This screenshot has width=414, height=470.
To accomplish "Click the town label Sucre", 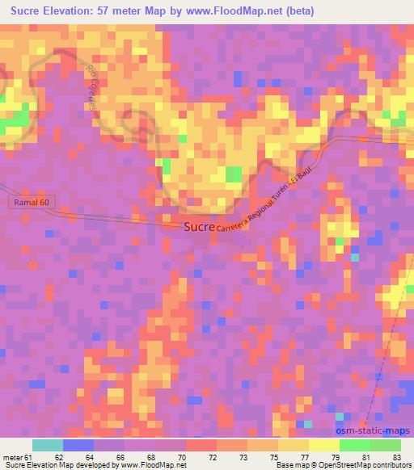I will [199, 228].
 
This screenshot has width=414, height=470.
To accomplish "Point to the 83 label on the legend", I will [396, 456].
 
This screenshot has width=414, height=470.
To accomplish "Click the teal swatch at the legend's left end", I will [47, 445].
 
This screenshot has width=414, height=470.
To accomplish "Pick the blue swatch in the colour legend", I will [78, 445].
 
